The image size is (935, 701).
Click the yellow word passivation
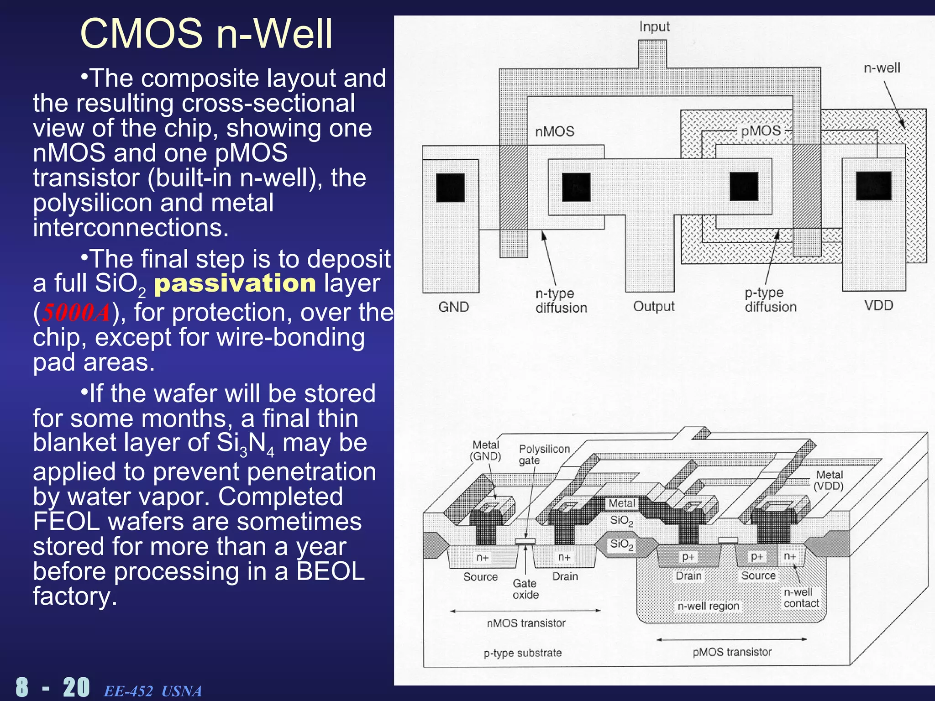[235, 283]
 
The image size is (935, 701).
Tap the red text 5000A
[76, 313]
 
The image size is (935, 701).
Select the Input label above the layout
[654, 26]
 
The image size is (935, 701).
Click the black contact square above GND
[450, 188]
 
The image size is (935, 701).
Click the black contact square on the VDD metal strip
[873, 186]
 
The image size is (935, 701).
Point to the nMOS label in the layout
[554, 131]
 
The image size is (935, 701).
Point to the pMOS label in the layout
[761, 131]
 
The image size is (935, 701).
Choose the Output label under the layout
[653, 306]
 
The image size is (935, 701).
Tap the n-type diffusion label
[561, 300]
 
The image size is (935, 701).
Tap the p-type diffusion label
[770, 300]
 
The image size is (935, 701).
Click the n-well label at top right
[882, 68]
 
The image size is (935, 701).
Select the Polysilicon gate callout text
[544, 455]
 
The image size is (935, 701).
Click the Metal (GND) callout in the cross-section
[485, 450]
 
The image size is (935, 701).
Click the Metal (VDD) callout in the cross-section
[829, 480]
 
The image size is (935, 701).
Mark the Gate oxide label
[525, 589]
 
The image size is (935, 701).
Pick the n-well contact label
[801, 597]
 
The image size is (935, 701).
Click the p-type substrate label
[522, 653]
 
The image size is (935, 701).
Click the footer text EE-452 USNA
[152, 691]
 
